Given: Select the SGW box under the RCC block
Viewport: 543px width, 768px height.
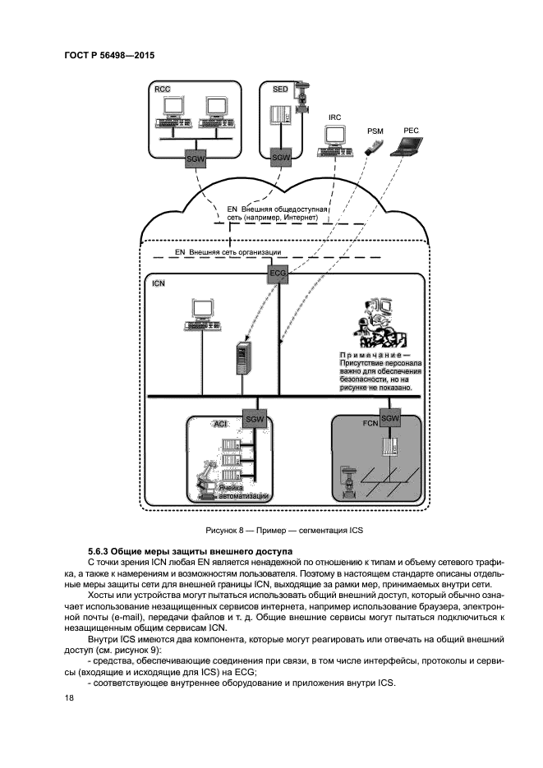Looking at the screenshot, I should (x=196, y=158).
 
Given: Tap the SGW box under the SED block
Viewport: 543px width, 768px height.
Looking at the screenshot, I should (x=281, y=158).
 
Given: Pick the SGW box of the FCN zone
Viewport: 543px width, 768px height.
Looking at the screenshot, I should (x=390, y=419).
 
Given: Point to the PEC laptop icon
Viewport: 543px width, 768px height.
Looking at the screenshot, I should (x=408, y=148).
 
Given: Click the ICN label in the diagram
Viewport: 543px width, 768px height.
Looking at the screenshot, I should (x=159, y=283).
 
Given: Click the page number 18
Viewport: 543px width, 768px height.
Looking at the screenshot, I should (x=68, y=698).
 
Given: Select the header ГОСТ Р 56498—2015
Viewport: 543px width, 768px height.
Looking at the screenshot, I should (x=109, y=56).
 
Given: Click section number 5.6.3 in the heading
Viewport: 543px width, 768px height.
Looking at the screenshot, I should (x=101, y=549).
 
